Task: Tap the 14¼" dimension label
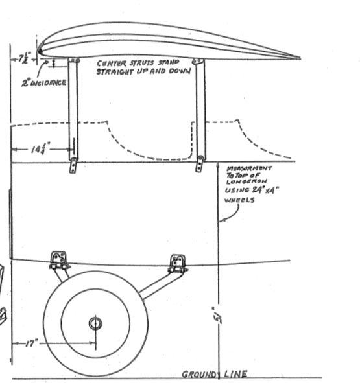41,148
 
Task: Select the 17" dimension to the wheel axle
32,343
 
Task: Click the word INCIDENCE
48,82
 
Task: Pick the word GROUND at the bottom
199,374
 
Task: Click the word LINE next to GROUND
235,374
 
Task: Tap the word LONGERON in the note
246,181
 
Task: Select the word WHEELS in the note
239,200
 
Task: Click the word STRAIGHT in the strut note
115,71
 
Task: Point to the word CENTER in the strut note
112,64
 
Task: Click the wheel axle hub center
95,323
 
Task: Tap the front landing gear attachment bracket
58,261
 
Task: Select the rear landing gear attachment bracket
177,264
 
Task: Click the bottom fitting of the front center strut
73,165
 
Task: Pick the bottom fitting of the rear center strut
200,164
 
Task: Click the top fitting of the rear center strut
198,61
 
